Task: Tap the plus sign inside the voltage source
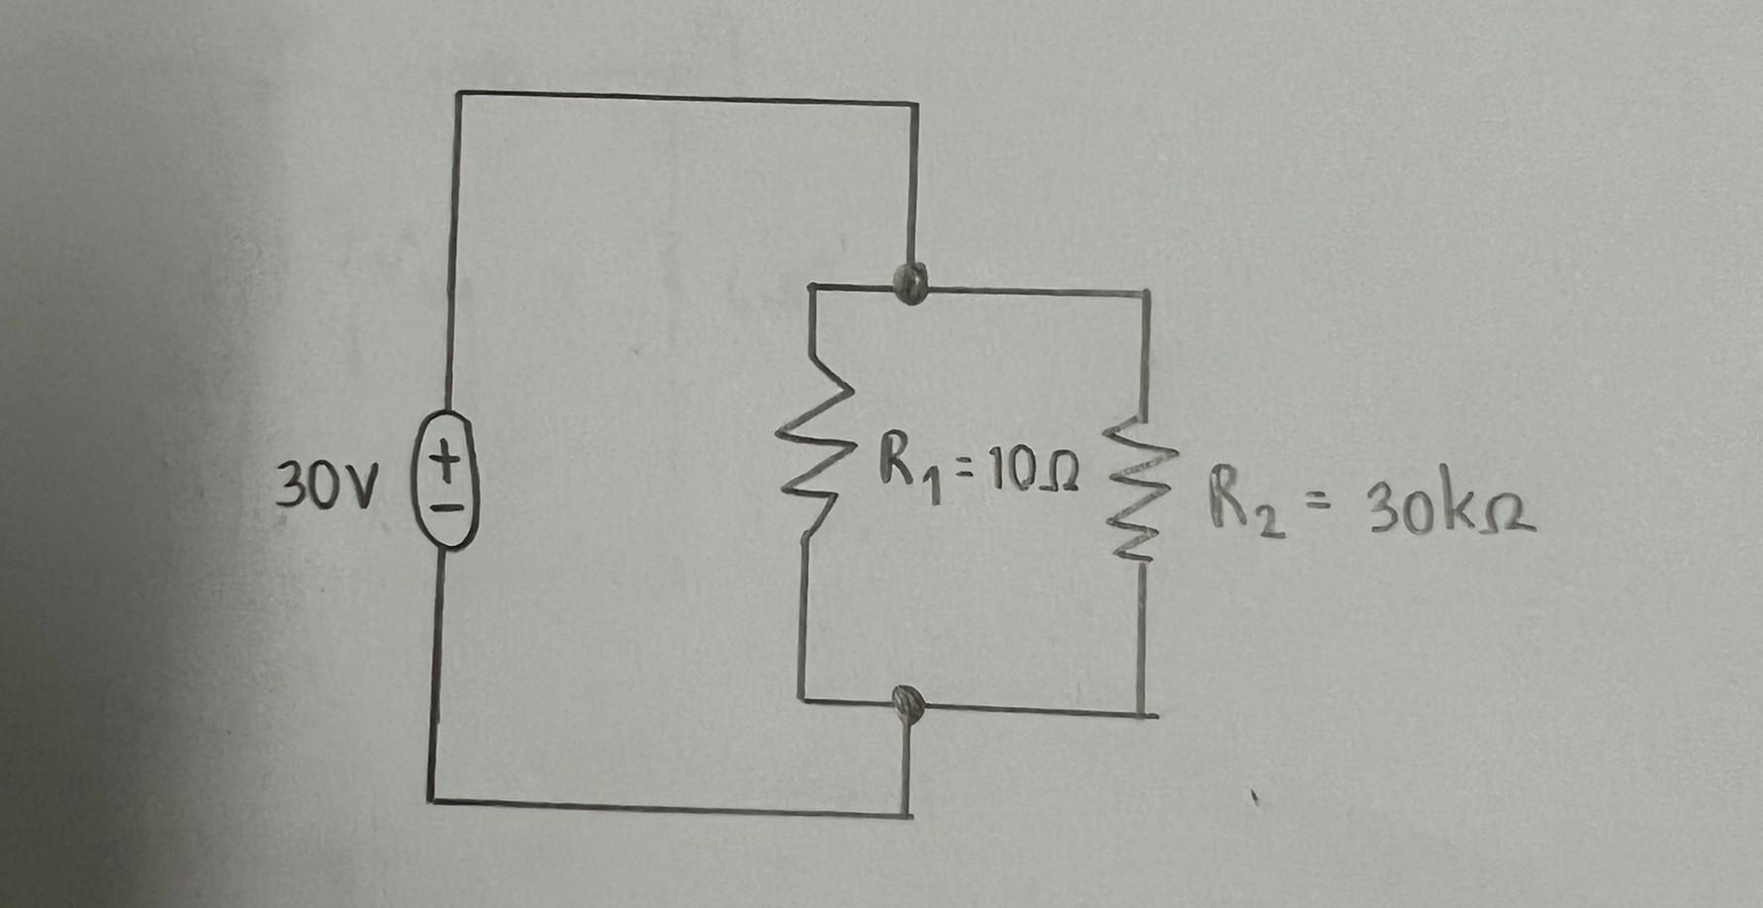point(447,462)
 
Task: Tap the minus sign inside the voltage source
point(447,510)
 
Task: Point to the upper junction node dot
point(910,284)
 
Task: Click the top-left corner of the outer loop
point(459,94)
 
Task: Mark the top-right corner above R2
point(1148,293)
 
